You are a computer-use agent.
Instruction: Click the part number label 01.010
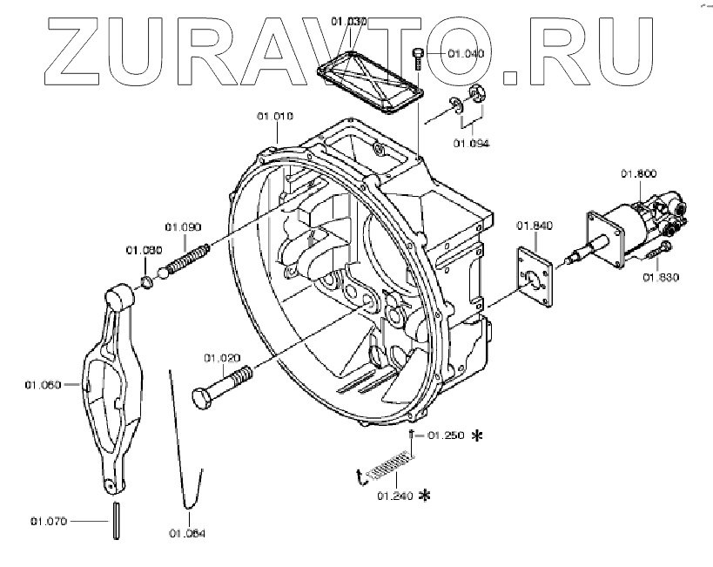click(x=274, y=116)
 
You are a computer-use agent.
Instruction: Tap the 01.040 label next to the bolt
click(x=466, y=54)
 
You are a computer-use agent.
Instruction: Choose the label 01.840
click(x=535, y=226)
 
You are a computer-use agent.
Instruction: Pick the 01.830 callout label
click(x=661, y=278)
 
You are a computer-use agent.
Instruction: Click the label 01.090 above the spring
click(x=185, y=226)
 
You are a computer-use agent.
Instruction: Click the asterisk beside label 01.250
click(x=476, y=435)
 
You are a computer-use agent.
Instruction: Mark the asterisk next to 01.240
click(x=425, y=496)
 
